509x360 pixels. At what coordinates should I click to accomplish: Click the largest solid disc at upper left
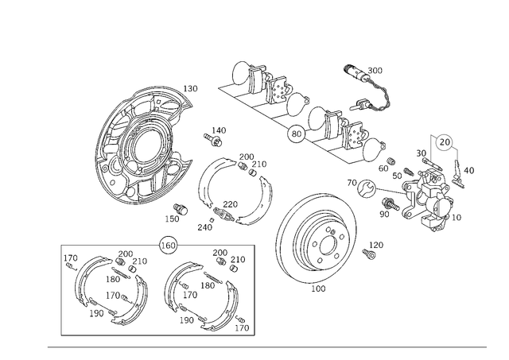tap(119, 127)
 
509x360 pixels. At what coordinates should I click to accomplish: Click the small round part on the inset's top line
tap(167, 243)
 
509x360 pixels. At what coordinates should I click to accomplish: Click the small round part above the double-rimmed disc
tap(367, 190)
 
